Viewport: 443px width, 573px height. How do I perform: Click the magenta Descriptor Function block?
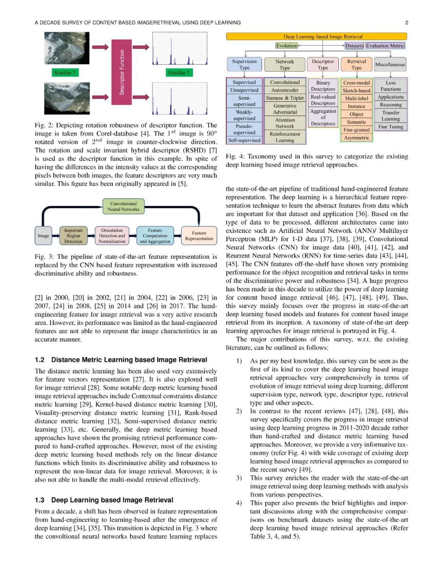121,72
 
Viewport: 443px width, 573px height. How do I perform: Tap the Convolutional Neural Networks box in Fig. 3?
123,206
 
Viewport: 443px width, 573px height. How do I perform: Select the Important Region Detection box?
73,236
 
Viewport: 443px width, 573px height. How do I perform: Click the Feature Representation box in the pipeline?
199,236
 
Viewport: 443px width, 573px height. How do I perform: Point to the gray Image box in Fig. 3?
43,236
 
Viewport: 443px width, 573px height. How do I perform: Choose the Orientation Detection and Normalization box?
112,236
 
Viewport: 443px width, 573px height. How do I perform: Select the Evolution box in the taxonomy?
286,46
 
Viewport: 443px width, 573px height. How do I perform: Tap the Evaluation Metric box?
385,46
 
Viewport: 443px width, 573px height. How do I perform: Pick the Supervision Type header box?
244,64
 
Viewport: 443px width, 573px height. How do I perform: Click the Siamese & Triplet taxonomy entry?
285,98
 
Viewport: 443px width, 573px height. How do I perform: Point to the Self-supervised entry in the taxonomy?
244,140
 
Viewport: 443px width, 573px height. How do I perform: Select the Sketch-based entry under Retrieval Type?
356,91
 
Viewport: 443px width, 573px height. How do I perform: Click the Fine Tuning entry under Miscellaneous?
390,127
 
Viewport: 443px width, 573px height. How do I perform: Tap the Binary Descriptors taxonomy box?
323,86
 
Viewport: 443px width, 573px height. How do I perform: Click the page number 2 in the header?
406,23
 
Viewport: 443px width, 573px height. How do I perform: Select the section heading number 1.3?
40,500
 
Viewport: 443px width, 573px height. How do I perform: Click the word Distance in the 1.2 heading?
65,360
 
